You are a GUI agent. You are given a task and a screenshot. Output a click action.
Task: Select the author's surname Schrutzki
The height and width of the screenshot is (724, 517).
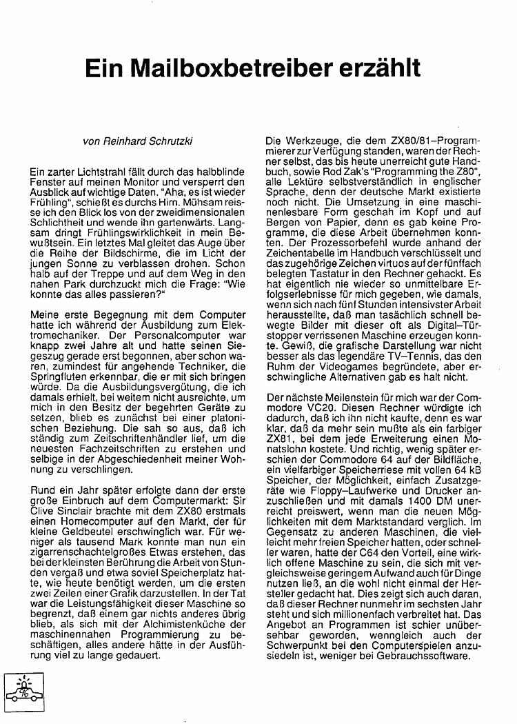(x=170, y=142)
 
